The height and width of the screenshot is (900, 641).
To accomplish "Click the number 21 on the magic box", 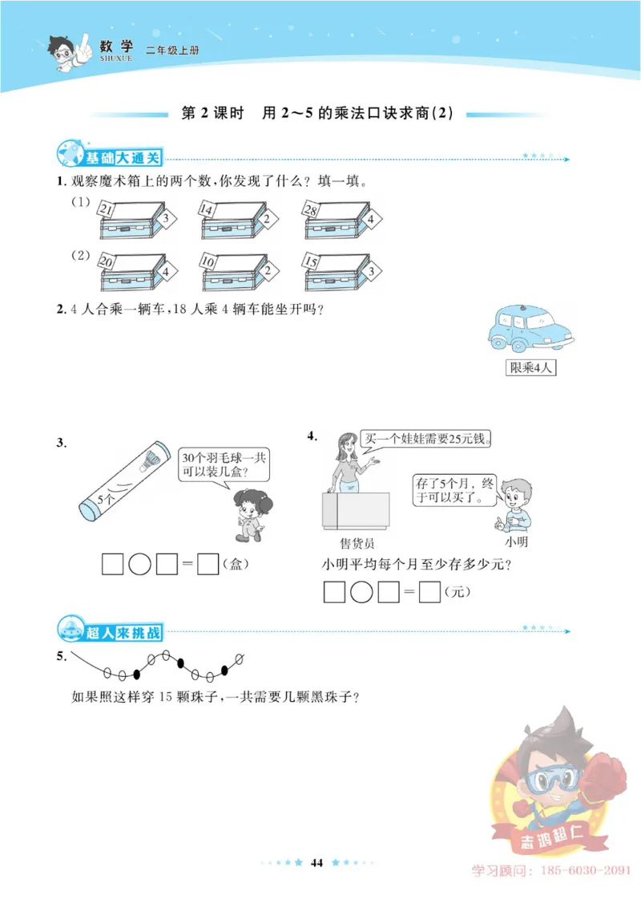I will tap(105, 210).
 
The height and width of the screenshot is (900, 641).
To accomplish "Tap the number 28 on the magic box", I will tap(311, 210).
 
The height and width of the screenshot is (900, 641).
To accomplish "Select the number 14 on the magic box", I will tap(207, 210).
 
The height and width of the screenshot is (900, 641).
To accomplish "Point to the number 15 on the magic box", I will tap(311, 261).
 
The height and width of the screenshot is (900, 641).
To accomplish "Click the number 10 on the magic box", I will tap(208, 261).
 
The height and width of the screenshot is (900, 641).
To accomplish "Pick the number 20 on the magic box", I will tap(105, 261).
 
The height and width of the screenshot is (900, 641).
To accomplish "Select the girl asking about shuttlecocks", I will tap(247, 514).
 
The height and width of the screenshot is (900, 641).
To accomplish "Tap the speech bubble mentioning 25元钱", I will tap(426, 440).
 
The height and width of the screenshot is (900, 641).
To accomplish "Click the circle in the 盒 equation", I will tap(139, 565).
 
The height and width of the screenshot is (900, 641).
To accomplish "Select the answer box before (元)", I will tap(430, 592).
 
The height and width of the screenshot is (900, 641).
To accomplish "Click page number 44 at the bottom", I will tap(316, 862).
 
